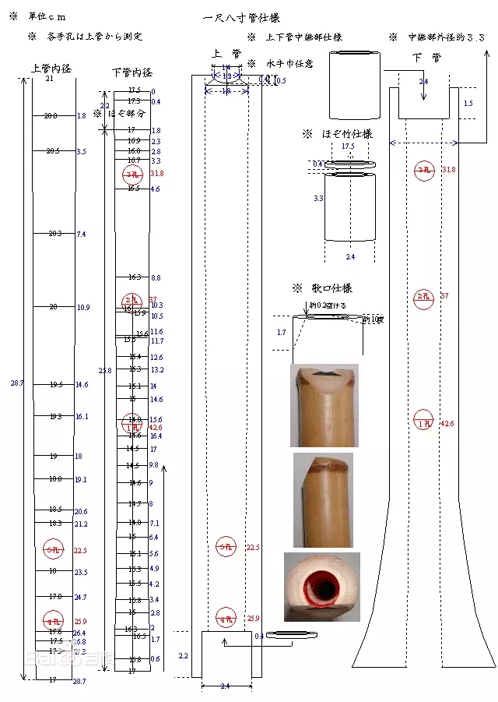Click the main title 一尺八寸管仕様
(242, 17)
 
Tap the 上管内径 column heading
(51, 69)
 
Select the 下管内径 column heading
(132, 72)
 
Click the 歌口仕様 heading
(324, 288)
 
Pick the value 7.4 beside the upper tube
(81, 235)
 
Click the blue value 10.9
(82, 308)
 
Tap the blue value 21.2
(81, 524)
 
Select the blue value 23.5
(81, 573)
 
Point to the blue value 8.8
(156, 278)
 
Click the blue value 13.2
(157, 370)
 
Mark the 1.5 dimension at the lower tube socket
(468, 104)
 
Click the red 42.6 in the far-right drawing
(447, 424)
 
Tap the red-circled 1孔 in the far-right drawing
(423, 421)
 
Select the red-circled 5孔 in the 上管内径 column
(52, 551)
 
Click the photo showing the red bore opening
(321, 587)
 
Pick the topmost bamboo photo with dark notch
(324, 405)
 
